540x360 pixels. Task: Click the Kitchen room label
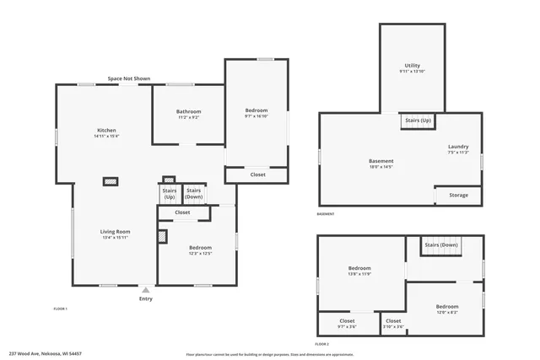click(x=106, y=132)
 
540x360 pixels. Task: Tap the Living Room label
click(x=115, y=233)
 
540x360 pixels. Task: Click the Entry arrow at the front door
click(x=146, y=289)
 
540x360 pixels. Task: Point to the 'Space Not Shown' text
click(x=129, y=78)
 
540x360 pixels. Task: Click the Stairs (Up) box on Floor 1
click(x=169, y=194)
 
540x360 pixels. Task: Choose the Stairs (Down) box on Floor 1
click(x=194, y=194)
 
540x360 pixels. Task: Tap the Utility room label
click(x=412, y=67)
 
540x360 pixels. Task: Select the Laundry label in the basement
click(x=458, y=148)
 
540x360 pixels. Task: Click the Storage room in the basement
click(x=458, y=196)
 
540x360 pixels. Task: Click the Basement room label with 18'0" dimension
click(x=381, y=163)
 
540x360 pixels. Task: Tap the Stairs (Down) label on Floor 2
click(x=440, y=245)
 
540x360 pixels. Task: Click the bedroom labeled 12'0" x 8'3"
click(x=446, y=308)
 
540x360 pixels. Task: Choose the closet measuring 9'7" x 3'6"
click(x=347, y=322)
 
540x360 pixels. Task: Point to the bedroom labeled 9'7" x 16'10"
click(x=256, y=113)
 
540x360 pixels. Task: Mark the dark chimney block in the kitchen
click(x=111, y=180)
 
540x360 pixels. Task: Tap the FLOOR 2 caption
click(x=321, y=344)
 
